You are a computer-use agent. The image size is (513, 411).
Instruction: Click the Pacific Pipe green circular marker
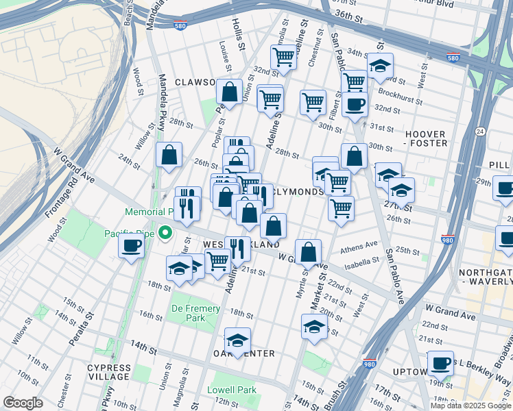(165, 234)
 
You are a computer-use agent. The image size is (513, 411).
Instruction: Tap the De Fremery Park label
(196, 313)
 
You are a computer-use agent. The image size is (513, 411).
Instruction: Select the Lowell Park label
(232, 390)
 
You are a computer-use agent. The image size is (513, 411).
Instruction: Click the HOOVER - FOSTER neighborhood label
(426, 138)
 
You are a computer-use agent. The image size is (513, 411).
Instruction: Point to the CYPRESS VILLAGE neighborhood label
(108, 372)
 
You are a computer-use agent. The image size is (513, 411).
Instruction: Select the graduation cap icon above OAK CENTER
(237, 340)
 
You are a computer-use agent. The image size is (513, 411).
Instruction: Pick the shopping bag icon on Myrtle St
(309, 251)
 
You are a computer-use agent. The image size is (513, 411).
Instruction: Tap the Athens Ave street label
(363, 245)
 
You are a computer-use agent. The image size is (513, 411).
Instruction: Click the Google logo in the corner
(23, 403)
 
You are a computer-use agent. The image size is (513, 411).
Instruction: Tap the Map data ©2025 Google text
(470, 406)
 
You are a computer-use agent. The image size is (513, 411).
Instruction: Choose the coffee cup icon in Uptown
(440, 362)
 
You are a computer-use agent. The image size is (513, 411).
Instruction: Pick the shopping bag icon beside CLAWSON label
(229, 90)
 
